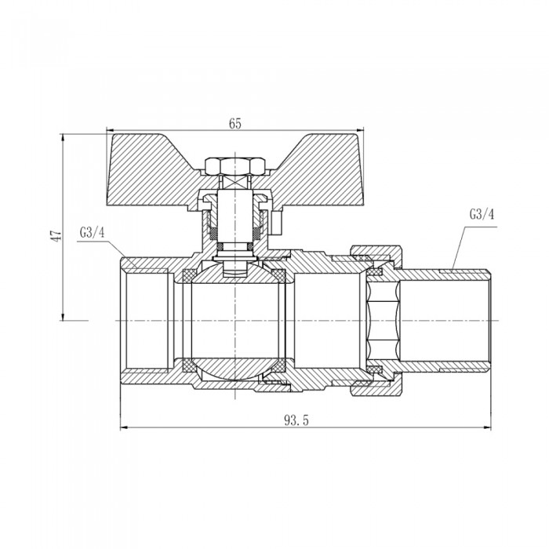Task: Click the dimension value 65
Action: pos(235,124)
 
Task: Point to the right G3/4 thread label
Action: pos(480,213)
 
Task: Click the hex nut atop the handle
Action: pos(234,166)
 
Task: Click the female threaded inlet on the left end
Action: pos(145,322)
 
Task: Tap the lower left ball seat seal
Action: pos(188,366)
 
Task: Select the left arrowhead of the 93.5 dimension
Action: pos(123,428)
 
